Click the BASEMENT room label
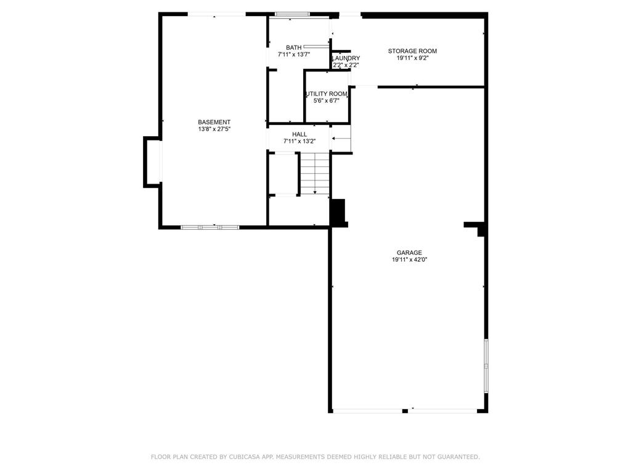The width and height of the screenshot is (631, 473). tap(214, 122)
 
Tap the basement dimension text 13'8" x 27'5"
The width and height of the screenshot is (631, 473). tap(214, 130)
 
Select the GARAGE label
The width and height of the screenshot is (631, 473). tap(409, 253)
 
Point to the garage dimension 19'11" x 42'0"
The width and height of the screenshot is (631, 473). tap(409, 260)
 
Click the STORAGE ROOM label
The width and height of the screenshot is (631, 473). tap(412, 51)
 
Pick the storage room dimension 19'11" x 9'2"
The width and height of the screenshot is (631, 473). tap(412, 59)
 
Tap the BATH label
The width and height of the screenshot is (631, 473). tap(294, 47)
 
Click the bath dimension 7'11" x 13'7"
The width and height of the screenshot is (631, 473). tap(294, 55)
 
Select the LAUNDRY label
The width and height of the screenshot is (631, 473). tap(346, 59)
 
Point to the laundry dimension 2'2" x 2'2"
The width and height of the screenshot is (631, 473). tap(346, 65)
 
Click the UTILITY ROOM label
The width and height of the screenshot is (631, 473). tap(327, 94)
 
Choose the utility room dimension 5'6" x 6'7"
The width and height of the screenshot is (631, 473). tap(327, 100)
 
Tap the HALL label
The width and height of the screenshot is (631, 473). tap(299, 134)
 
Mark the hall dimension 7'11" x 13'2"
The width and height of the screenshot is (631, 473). tap(299, 142)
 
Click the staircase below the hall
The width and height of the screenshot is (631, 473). tap(315, 173)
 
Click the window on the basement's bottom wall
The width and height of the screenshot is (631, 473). tap(210, 227)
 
